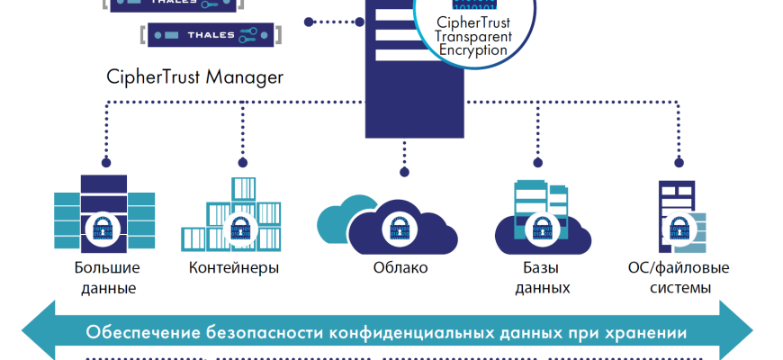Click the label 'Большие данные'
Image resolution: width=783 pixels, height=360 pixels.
[x=106, y=278]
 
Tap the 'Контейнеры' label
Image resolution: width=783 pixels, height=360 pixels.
[x=234, y=268]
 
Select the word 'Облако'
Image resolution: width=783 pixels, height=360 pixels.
[x=400, y=268]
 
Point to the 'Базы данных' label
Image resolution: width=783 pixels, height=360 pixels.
[x=543, y=278]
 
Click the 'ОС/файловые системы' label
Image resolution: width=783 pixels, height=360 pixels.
[x=678, y=278]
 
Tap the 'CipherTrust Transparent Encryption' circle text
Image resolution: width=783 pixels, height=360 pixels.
[x=473, y=36]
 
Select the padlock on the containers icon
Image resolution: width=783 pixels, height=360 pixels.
[x=241, y=230]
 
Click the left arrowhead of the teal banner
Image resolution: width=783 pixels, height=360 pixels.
[x=36, y=332]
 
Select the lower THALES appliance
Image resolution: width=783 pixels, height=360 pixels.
[x=208, y=35]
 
